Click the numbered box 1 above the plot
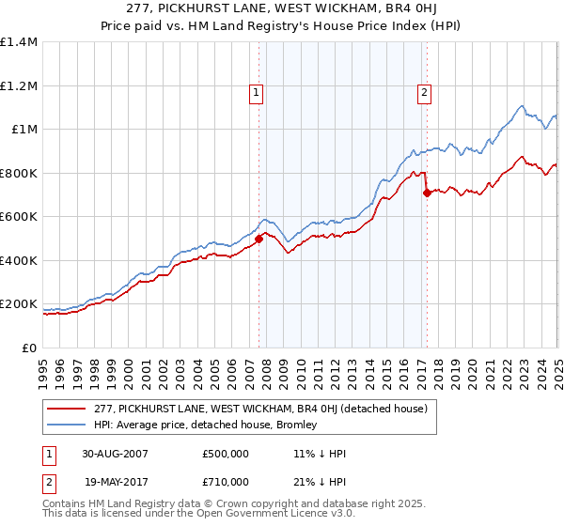pos(257,92)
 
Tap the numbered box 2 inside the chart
pos(425,92)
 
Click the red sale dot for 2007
pos(259,239)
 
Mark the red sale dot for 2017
pos(427,193)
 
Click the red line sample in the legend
pos(66,409)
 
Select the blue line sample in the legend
pos(66,425)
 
